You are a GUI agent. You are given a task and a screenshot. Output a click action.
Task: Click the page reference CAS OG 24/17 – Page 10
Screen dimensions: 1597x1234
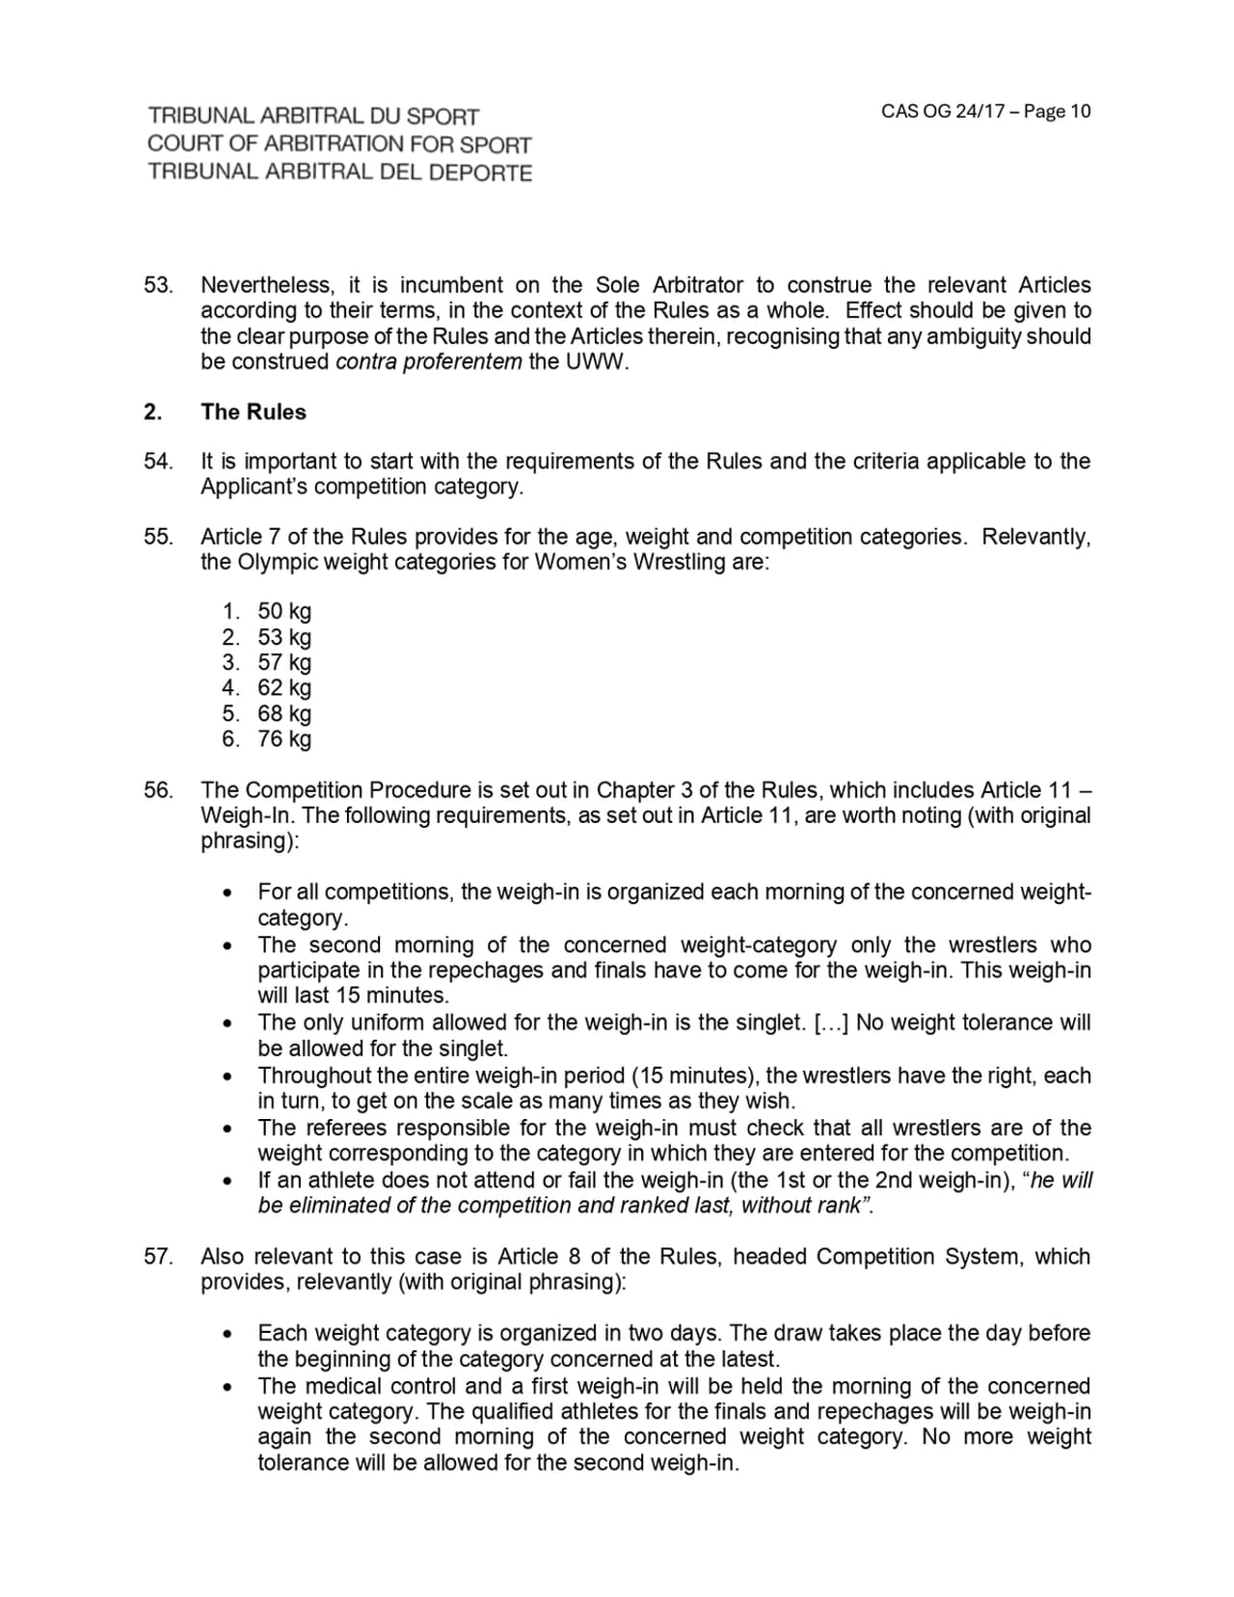(985, 111)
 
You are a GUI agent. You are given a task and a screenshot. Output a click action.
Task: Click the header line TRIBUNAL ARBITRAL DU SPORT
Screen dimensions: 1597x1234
(313, 117)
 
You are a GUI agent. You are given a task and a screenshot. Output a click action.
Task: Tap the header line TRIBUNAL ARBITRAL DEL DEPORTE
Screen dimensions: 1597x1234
(339, 173)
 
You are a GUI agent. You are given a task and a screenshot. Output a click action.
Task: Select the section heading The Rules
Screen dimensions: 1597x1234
(253, 412)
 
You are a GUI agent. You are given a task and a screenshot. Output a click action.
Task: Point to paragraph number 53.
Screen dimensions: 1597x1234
(158, 285)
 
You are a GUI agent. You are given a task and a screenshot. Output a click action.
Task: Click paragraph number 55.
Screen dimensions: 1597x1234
(158, 537)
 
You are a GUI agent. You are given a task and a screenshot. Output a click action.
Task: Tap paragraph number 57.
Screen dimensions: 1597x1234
(158, 1257)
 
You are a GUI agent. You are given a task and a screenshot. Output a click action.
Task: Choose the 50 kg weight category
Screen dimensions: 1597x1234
(283, 611)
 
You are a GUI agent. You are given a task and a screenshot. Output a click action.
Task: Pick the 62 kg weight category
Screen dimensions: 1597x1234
(283, 687)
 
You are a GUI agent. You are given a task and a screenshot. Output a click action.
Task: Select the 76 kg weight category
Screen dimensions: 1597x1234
(283, 739)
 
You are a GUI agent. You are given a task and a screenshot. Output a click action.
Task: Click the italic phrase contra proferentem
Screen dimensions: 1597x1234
(428, 362)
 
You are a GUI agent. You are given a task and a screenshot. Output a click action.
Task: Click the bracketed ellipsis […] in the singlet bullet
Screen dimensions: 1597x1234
(830, 1023)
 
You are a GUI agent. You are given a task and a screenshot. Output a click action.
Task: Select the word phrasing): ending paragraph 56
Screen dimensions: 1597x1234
(250, 840)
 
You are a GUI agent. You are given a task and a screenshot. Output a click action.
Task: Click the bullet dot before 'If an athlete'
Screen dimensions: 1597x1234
(227, 1181)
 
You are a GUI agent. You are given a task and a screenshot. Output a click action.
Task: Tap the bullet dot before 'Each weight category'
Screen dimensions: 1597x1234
(227, 1335)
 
